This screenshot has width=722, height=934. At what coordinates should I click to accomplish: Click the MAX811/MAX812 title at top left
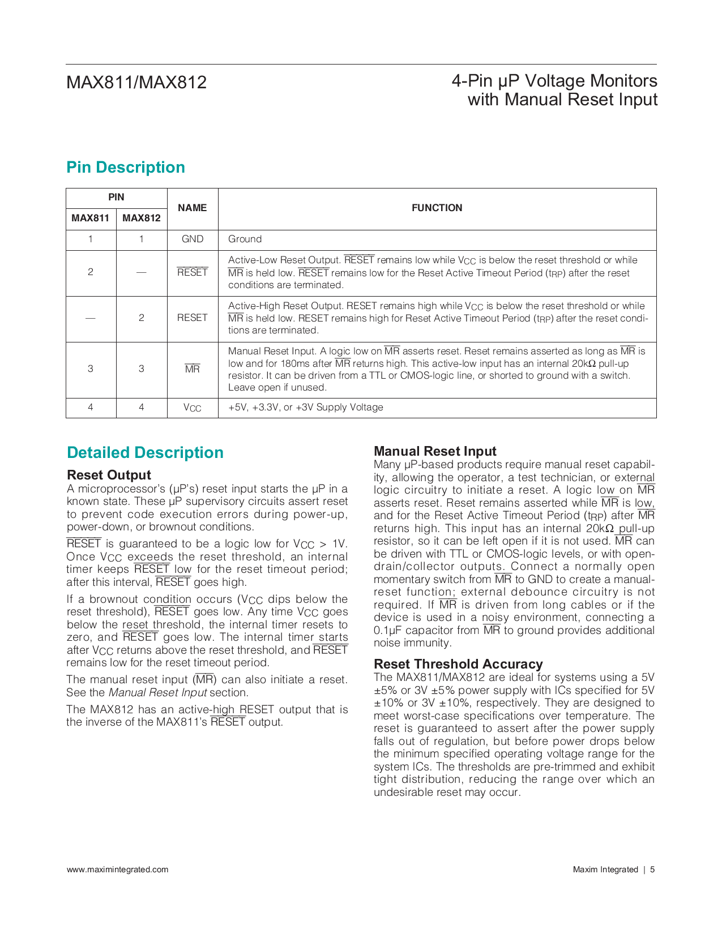pyautogui.click(x=136, y=83)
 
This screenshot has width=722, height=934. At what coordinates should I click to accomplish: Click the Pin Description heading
pyautogui.click(x=126, y=168)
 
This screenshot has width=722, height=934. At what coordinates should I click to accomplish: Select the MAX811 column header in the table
pyautogui.click(x=91, y=218)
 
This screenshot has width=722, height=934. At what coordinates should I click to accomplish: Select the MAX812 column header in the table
pyautogui.click(x=142, y=218)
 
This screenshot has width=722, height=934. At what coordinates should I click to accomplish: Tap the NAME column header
pyautogui.click(x=192, y=208)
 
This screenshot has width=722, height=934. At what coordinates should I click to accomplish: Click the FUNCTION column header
pyautogui.click(x=437, y=208)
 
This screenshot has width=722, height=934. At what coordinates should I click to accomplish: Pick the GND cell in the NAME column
pyautogui.click(x=193, y=239)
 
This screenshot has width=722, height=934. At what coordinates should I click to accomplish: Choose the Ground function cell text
pyautogui.click(x=245, y=239)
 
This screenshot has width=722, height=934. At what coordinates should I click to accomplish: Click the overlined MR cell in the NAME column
pyautogui.click(x=193, y=369)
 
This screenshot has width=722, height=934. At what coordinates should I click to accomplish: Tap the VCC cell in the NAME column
pyautogui.click(x=193, y=408)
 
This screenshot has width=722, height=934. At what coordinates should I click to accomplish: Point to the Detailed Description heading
pyautogui.click(x=145, y=453)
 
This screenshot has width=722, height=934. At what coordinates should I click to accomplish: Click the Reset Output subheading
pyautogui.click(x=109, y=475)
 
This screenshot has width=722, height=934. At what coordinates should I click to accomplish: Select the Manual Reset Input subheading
pyautogui.click(x=435, y=451)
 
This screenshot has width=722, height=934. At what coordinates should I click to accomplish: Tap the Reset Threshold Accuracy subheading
pyautogui.click(x=458, y=664)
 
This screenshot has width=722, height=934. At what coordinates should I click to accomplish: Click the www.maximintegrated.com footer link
pyautogui.click(x=117, y=869)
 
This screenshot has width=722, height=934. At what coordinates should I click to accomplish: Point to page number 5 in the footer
pyautogui.click(x=652, y=869)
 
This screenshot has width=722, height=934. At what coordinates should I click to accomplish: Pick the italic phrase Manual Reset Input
pyautogui.click(x=157, y=693)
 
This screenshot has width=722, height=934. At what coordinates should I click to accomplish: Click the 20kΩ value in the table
pyautogui.click(x=584, y=363)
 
